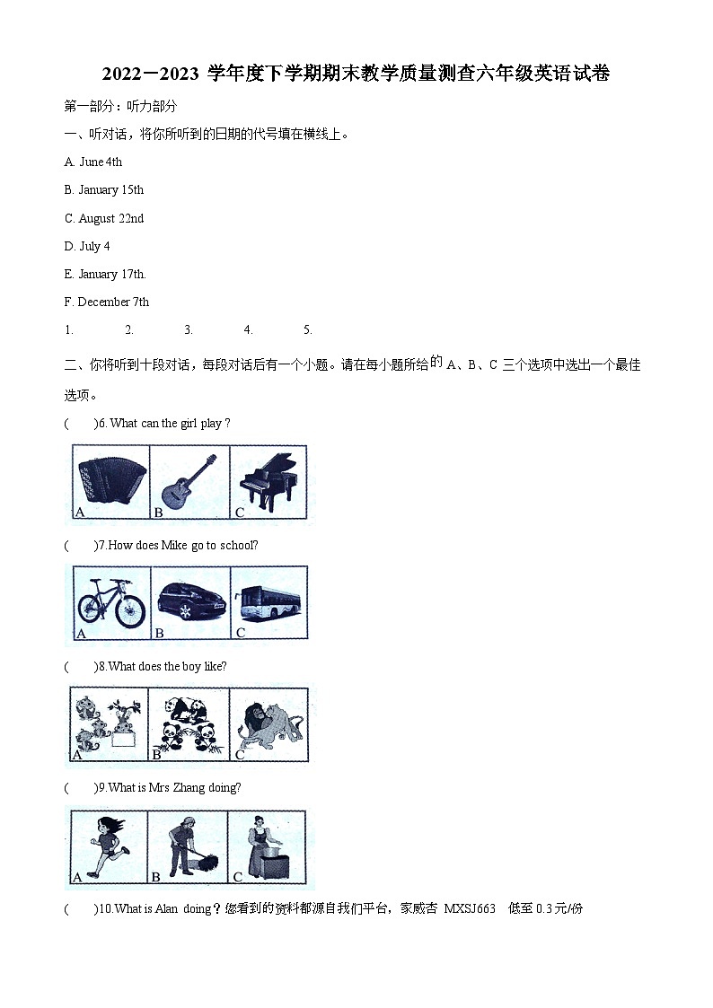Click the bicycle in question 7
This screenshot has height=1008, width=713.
point(110,602)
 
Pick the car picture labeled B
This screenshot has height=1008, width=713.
point(189,602)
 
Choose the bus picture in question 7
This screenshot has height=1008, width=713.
point(268,600)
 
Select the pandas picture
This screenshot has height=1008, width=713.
point(189,723)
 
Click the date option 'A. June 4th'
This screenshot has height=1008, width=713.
point(93,162)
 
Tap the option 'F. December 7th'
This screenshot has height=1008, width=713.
point(107,302)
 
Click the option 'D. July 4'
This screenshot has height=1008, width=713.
point(87,246)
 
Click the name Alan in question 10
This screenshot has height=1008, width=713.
point(167,908)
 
